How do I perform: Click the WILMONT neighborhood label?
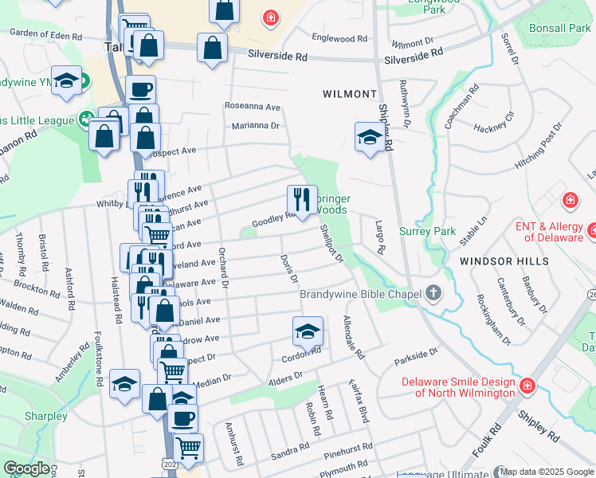point(349,94)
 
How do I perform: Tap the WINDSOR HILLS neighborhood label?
point(504,261)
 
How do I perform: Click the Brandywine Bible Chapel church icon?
point(433,292)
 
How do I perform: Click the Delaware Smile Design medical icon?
point(527,386)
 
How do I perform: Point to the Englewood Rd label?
point(339,38)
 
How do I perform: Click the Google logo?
point(26,468)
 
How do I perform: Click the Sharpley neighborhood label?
point(45,416)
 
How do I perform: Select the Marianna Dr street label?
point(256,126)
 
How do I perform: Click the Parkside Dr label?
point(416,356)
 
